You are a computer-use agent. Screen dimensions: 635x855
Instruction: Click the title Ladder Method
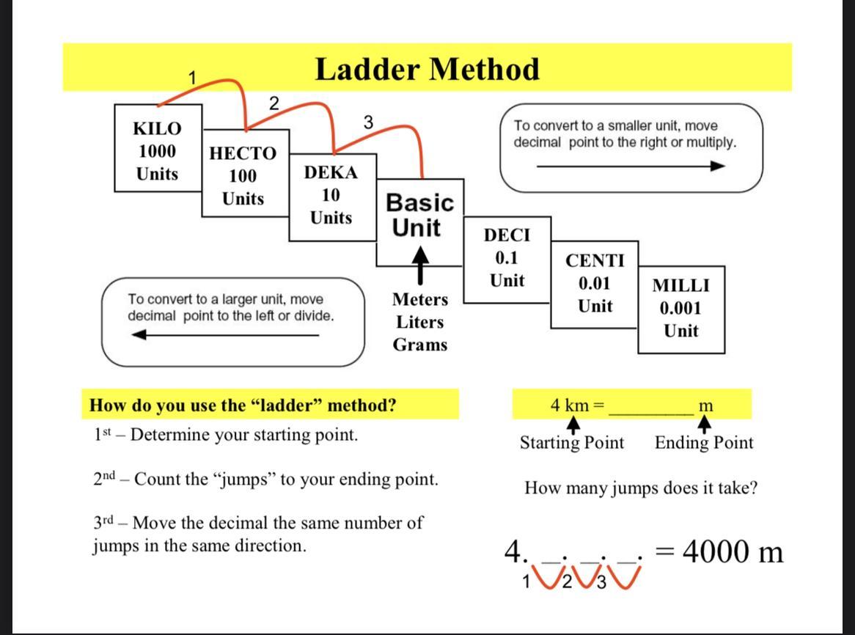[427, 69]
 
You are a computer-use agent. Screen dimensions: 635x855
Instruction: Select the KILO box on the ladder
[157, 151]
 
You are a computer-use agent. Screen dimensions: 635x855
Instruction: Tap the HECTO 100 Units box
[243, 176]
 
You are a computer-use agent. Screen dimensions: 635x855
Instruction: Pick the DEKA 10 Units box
[331, 195]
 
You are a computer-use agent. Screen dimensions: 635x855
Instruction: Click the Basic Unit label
[419, 214]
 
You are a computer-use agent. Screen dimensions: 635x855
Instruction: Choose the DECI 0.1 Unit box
[507, 258]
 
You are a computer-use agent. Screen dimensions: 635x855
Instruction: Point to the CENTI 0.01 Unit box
[595, 283]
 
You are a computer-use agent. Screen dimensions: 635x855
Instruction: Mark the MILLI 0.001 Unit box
[681, 308]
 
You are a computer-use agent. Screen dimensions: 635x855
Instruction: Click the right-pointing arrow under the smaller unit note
[631, 166]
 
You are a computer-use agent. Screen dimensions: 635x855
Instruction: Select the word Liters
[419, 322]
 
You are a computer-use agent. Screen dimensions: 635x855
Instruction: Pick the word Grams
[419, 345]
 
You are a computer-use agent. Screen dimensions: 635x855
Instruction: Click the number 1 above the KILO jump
[192, 78]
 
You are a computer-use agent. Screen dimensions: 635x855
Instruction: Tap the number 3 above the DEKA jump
[368, 122]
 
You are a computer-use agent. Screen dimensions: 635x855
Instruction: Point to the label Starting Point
[572, 443]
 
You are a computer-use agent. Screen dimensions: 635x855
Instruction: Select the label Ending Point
[703, 443]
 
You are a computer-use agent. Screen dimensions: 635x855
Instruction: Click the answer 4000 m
[732, 551]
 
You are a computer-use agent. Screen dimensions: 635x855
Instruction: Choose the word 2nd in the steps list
[105, 480]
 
